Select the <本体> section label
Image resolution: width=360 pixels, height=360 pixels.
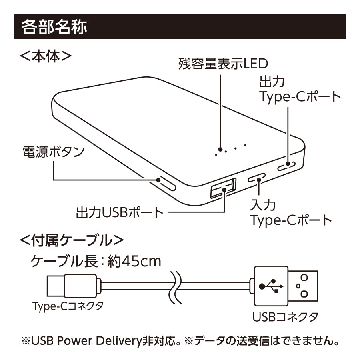(46, 56)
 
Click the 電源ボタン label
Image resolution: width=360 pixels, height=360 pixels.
(54, 152)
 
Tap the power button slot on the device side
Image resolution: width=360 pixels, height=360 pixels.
(166, 183)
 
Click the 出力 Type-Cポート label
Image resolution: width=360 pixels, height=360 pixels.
(300, 90)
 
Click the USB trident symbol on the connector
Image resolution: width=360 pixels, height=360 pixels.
(270, 286)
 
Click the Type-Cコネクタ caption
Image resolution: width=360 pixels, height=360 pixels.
(68, 307)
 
